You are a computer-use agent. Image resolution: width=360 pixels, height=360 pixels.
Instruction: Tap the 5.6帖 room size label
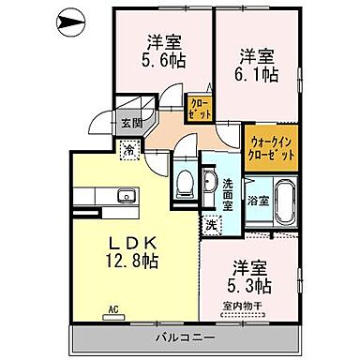163,59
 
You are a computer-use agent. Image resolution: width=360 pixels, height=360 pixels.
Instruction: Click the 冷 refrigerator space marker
128,147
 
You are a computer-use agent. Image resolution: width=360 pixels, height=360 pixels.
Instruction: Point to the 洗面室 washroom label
228,189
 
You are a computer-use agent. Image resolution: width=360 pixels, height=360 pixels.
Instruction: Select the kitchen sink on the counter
125,195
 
